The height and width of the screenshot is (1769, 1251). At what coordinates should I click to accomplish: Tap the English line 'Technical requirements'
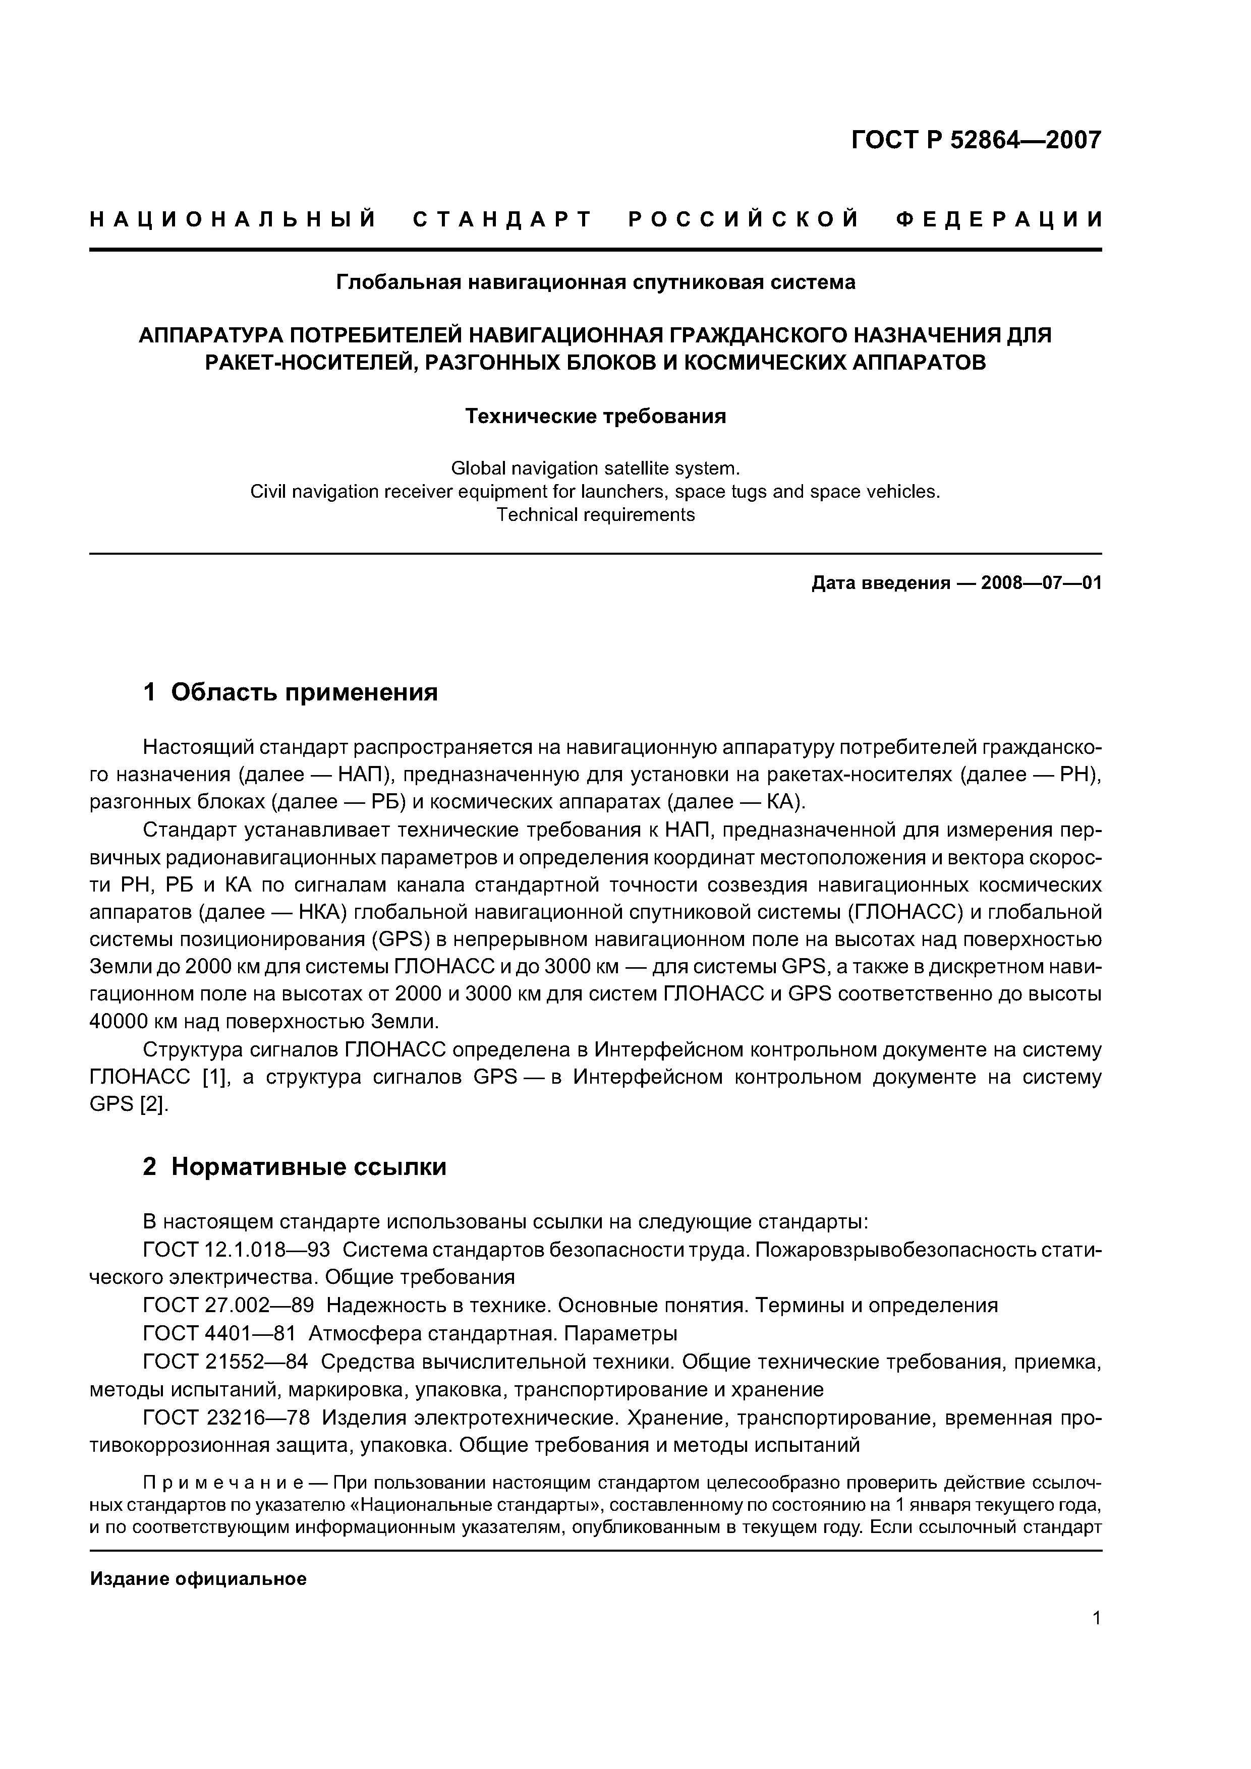coord(595,515)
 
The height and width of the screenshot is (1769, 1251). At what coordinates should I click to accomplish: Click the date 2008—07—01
coord(1041,583)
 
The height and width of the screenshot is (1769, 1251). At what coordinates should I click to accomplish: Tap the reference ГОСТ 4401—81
coord(219,1333)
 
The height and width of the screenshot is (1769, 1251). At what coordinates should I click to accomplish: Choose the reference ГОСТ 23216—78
coord(226,1418)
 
